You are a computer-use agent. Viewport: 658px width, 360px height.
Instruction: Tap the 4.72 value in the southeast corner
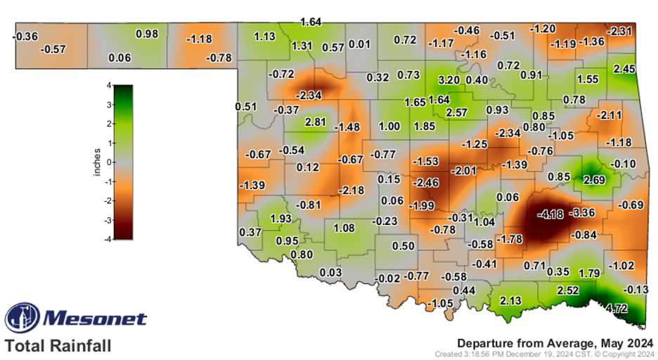[617, 307]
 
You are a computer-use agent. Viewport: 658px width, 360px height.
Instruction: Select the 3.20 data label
[449, 80]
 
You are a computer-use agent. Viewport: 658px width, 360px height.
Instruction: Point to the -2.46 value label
[426, 182]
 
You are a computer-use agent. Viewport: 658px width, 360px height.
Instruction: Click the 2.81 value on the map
[315, 122]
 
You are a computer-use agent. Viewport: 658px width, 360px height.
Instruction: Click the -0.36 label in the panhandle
[26, 35]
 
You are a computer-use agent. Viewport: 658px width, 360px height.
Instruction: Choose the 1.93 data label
[280, 219]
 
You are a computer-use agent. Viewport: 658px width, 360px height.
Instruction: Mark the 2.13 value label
[510, 301]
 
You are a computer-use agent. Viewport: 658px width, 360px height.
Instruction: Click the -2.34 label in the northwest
[310, 95]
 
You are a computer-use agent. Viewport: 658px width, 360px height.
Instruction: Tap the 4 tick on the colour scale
[109, 86]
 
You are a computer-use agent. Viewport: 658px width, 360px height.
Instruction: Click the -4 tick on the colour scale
[107, 238]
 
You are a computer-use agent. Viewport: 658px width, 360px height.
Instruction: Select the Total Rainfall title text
[58, 345]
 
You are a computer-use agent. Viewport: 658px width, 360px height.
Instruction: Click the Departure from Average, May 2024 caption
[555, 342]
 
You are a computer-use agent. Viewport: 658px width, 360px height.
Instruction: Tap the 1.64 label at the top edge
[310, 22]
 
